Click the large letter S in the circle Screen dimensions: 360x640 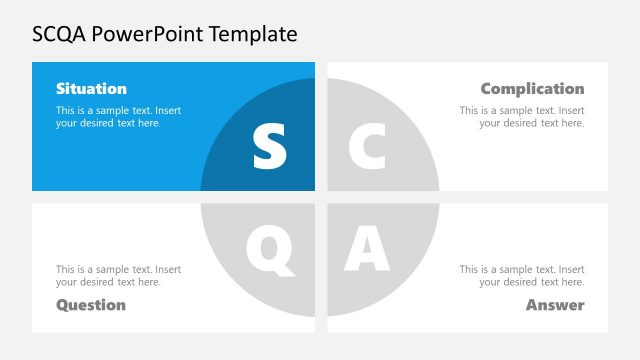tap(269, 146)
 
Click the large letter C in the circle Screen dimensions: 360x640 tap(366, 146)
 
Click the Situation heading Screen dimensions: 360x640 tap(91, 89)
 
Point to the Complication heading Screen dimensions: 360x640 tap(532, 89)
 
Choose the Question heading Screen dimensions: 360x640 tap(91, 305)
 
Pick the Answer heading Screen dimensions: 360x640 tap(555, 305)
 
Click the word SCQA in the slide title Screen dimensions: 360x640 tap(62, 35)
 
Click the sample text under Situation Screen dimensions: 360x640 tap(118, 117)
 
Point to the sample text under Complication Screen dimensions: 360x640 tap(522, 117)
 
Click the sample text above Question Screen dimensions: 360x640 tap(118, 276)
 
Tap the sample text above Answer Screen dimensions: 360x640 tap(522, 276)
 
